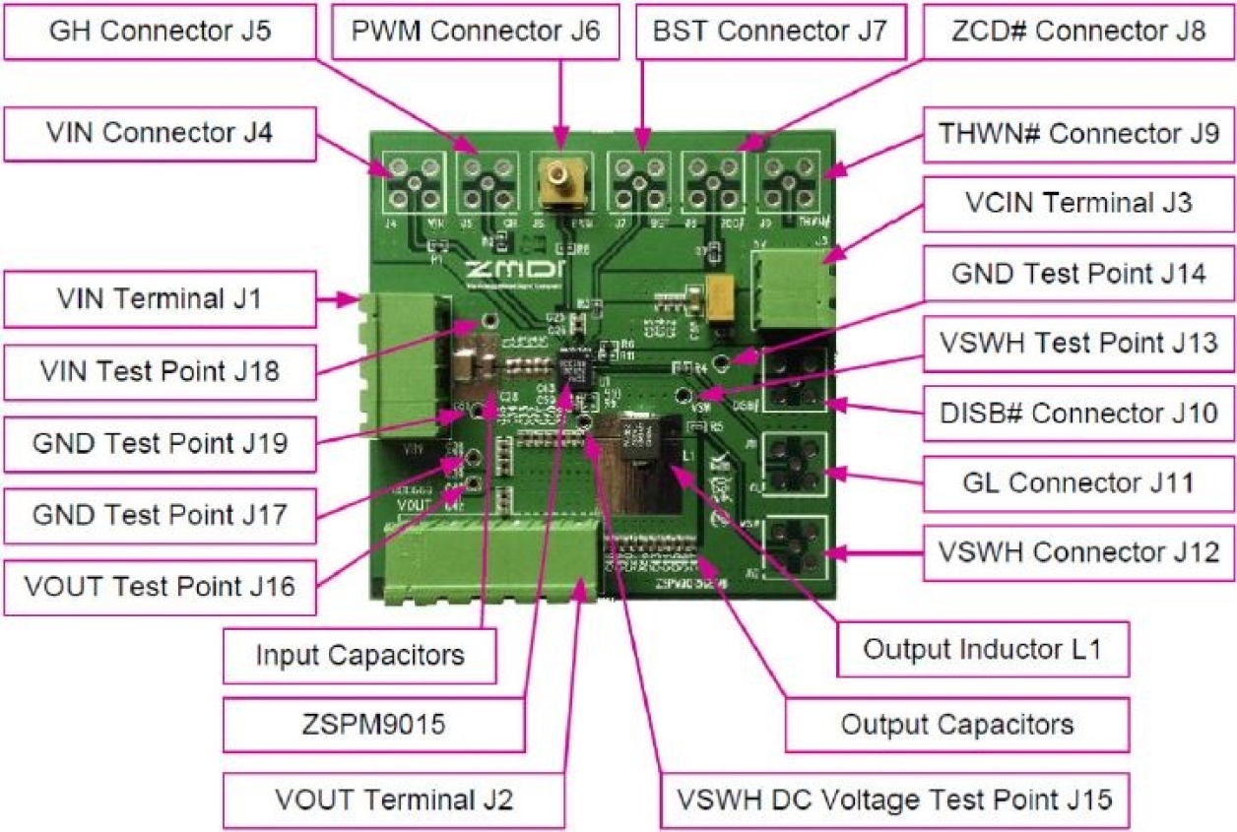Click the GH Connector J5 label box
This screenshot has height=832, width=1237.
[160, 31]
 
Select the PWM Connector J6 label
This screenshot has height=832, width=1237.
[475, 31]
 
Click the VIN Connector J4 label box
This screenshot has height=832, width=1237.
[160, 133]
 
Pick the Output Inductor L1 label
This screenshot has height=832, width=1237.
[980, 649]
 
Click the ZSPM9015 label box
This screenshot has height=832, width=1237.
[373, 726]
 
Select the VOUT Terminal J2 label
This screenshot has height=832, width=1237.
[394, 798]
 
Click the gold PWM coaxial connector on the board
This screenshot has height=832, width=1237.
[560, 182]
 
